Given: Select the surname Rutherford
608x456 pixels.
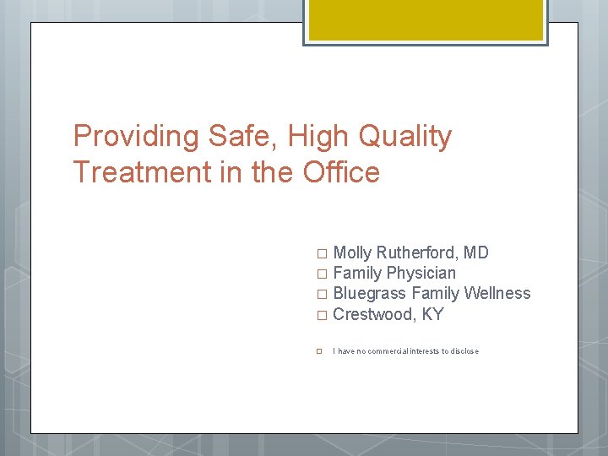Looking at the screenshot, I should tap(418, 252).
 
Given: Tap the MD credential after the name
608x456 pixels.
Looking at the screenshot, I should tap(477, 252).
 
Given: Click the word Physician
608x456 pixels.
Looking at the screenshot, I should tap(421, 273).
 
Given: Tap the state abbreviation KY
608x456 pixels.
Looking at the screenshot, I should tap(432, 315).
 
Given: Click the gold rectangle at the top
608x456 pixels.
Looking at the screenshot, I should tap(425, 19).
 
